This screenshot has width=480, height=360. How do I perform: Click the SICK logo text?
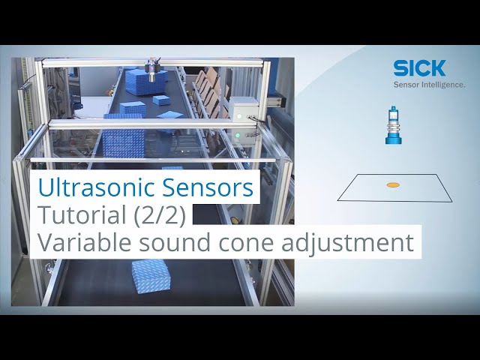click(419, 68)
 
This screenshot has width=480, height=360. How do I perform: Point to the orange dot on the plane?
click(392, 184)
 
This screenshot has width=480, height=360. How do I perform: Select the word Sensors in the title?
click(217, 187)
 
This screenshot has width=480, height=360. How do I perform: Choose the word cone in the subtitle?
click(254, 243)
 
